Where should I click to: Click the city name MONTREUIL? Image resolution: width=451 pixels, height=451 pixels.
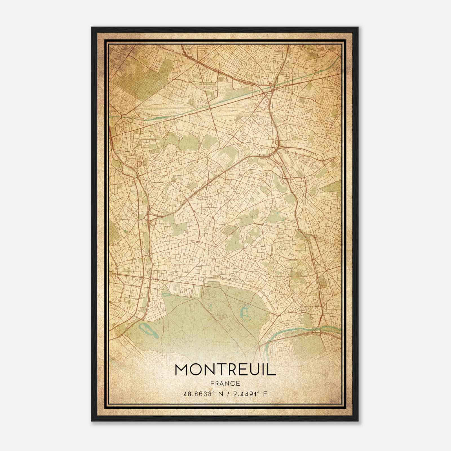[225, 370]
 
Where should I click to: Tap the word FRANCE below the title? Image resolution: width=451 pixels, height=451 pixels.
[225, 384]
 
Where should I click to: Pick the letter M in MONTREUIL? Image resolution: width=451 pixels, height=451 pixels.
[182, 370]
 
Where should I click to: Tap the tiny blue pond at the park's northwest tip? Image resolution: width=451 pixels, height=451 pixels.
[165, 295]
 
